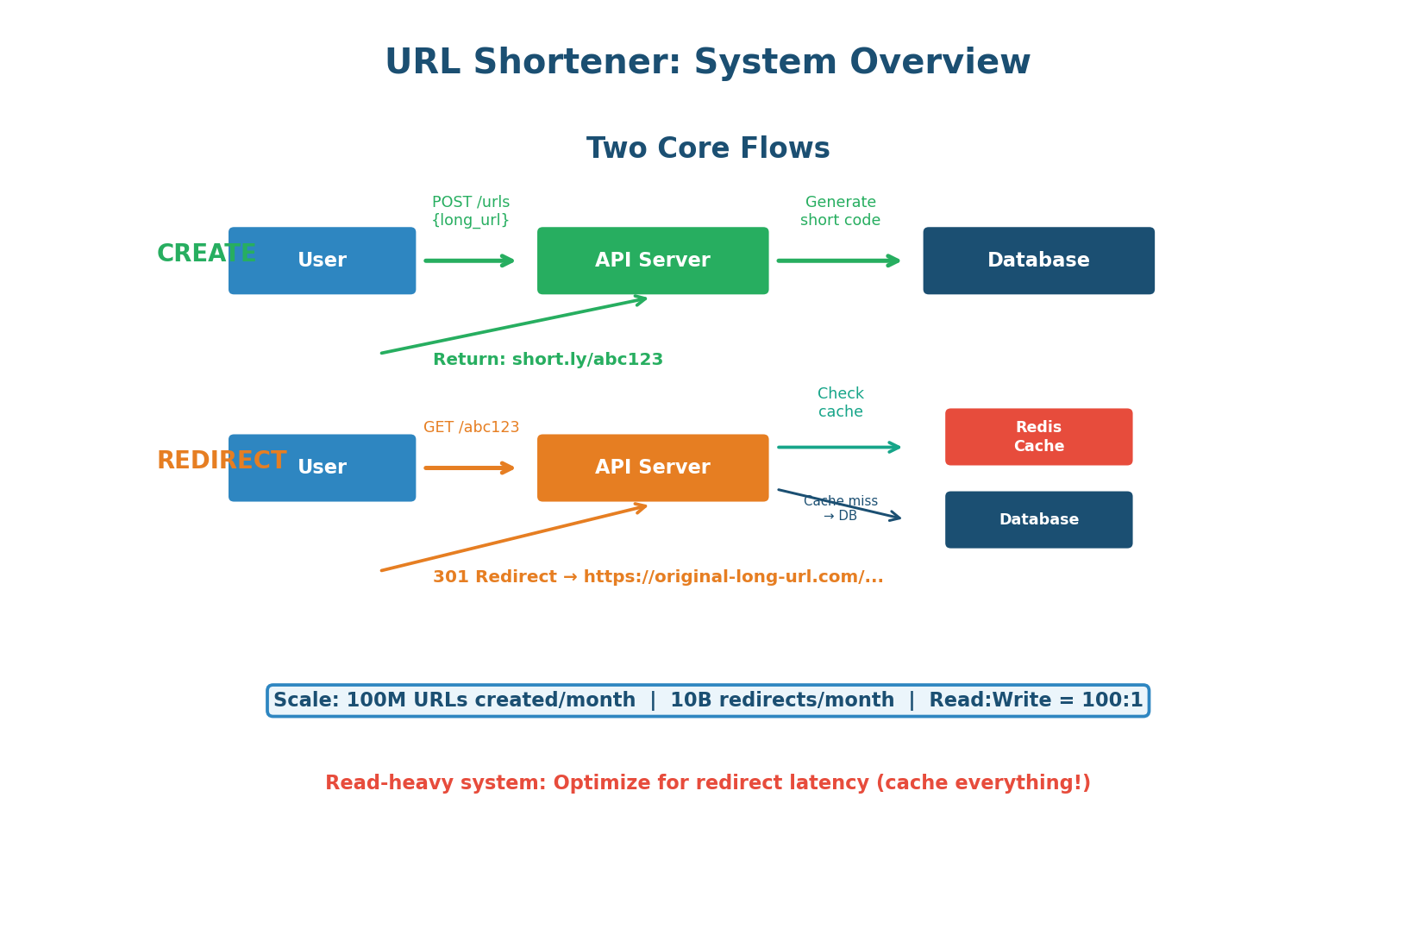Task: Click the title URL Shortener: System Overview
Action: click(x=707, y=63)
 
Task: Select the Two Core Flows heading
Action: click(x=707, y=148)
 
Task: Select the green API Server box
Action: click(x=653, y=260)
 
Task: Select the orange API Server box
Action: click(x=653, y=468)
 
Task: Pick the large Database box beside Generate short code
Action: click(x=1038, y=260)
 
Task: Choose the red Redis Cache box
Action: click(x=1038, y=436)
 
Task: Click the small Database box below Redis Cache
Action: click(x=1038, y=519)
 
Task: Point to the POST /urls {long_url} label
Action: click(x=471, y=211)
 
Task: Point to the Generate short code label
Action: click(x=840, y=211)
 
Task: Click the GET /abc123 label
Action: click(x=471, y=428)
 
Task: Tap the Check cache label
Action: click(x=840, y=403)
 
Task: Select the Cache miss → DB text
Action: click(x=840, y=508)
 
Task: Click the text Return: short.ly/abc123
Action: click(x=548, y=360)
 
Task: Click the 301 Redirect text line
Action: click(x=657, y=577)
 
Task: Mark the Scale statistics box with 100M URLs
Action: click(x=707, y=700)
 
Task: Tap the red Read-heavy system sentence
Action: click(x=707, y=783)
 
